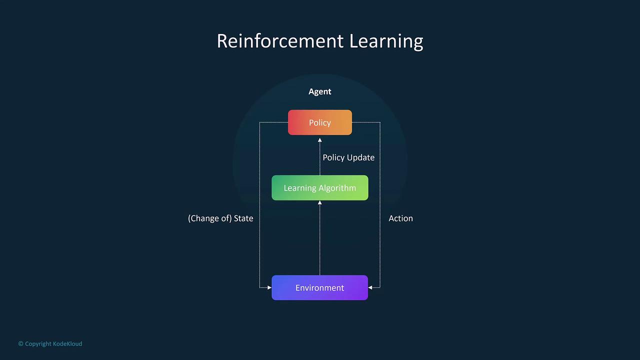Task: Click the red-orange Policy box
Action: (x=319, y=122)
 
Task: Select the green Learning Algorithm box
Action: (x=319, y=187)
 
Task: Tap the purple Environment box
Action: (x=319, y=287)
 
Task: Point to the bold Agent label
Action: (x=319, y=91)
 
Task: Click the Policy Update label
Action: (x=348, y=157)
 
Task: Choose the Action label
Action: (x=400, y=218)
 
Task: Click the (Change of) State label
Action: (x=220, y=218)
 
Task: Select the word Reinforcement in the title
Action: (x=280, y=41)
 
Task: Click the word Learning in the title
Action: (x=386, y=41)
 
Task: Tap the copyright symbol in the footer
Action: (x=20, y=343)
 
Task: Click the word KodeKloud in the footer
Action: (x=67, y=343)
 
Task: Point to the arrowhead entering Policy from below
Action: (x=319, y=140)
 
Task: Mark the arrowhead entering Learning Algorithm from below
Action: (x=319, y=202)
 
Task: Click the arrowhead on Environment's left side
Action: (x=269, y=287)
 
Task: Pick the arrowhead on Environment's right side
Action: (x=370, y=287)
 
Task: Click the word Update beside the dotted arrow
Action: (x=360, y=157)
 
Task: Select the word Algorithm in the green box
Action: (x=337, y=188)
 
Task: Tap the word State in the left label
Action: (x=243, y=218)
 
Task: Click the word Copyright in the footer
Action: (x=38, y=343)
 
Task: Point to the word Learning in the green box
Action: (x=299, y=188)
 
